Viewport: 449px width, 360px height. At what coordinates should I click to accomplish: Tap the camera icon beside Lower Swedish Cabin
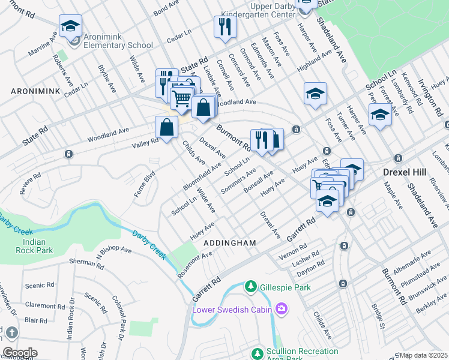(x=281, y=309)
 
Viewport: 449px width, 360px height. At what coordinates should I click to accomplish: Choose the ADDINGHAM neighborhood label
(x=230, y=243)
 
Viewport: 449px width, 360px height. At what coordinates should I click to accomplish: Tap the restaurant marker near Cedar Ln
(x=225, y=27)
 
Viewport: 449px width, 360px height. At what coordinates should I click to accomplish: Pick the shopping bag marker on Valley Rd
(x=166, y=128)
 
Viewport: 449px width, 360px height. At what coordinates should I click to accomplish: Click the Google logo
(x=20, y=352)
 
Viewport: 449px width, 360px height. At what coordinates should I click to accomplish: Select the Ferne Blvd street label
(x=148, y=180)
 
